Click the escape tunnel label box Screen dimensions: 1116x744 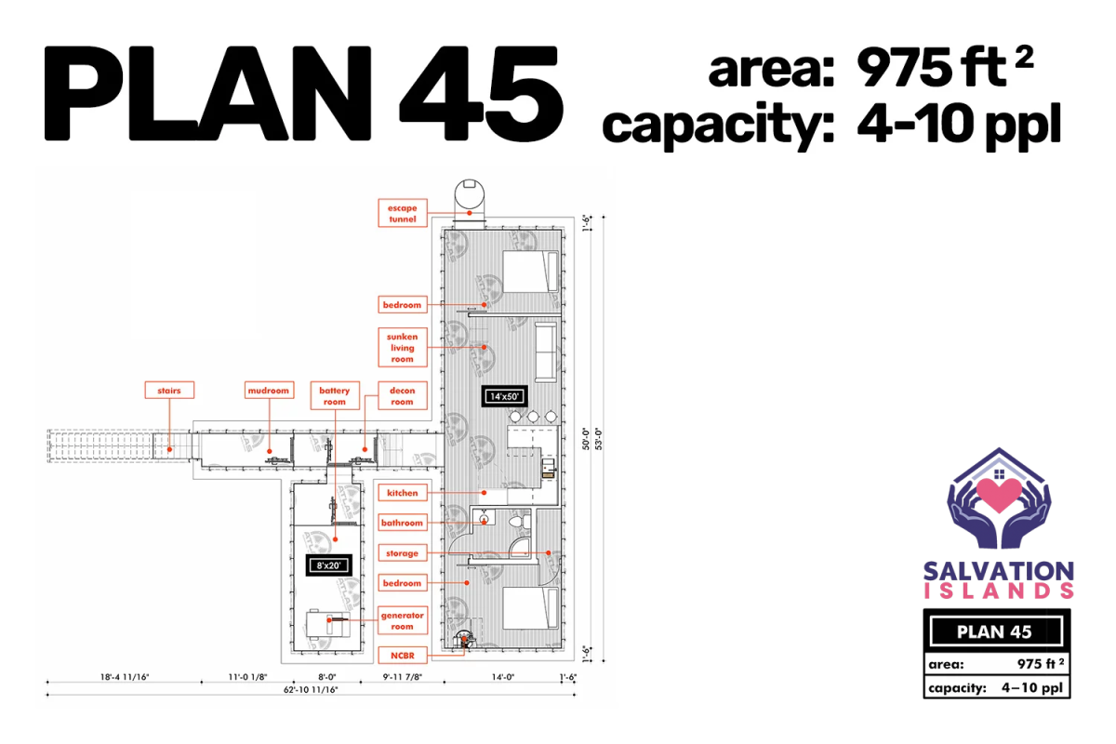[x=403, y=213]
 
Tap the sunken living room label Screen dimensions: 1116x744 [x=403, y=347]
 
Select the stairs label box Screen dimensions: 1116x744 [x=169, y=391]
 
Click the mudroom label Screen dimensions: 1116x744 [x=269, y=391]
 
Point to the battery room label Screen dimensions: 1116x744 [x=335, y=395]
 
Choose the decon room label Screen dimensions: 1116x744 [x=403, y=395]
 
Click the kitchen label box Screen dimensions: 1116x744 [x=403, y=493]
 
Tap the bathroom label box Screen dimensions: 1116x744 [x=403, y=523]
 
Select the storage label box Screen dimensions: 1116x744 [x=403, y=553]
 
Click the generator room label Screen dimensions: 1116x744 [x=403, y=620]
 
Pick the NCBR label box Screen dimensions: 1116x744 [x=403, y=656]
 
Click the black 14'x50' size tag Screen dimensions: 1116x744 [x=505, y=397]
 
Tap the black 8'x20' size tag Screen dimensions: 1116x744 [x=329, y=565]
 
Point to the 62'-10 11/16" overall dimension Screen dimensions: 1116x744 [x=311, y=690]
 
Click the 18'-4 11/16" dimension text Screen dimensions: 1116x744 [x=125, y=677]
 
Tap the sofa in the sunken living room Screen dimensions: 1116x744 [x=546, y=352]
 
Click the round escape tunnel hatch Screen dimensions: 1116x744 [x=470, y=193]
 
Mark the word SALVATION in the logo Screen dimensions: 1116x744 [x=999, y=572]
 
